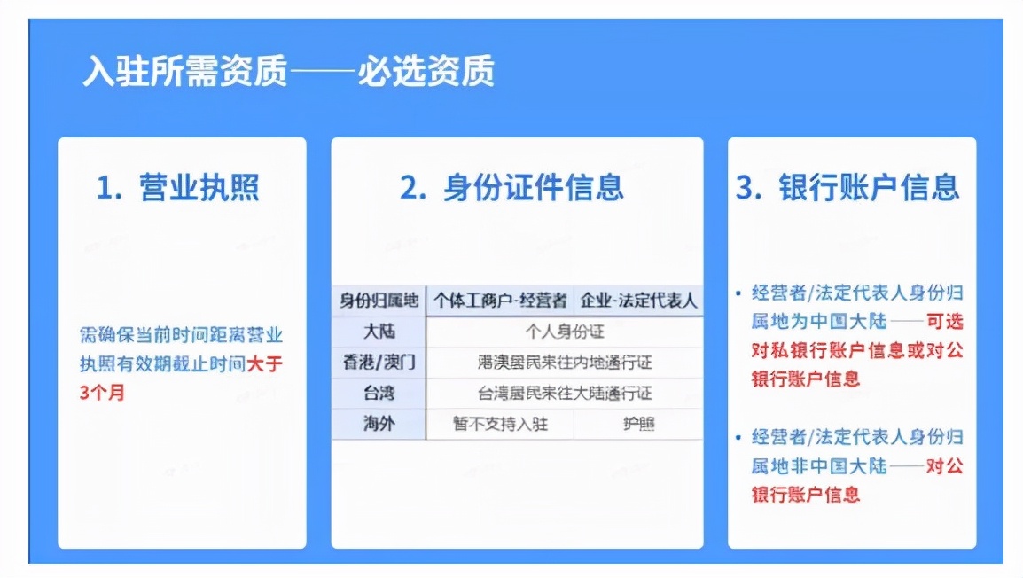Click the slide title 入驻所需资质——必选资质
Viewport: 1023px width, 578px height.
(288, 72)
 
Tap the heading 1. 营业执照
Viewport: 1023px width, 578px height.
(178, 188)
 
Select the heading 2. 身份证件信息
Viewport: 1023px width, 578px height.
(511, 188)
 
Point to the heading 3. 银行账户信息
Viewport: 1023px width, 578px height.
(848, 188)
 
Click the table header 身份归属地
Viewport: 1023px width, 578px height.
(379, 301)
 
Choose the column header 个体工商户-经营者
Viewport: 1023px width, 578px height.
(500, 301)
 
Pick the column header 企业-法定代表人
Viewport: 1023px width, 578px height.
(638, 301)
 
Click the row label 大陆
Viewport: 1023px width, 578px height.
(379, 332)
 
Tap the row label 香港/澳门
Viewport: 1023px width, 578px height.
(379, 363)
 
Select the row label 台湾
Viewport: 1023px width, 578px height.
(379, 393)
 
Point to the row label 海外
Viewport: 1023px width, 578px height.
(379, 424)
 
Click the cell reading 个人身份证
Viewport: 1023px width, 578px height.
(565, 332)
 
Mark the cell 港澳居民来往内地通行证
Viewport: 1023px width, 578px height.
(565, 363)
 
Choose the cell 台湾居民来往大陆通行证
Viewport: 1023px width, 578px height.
(565, 393)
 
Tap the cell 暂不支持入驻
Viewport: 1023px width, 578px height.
(500, 424)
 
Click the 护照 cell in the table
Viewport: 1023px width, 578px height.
(638, 424)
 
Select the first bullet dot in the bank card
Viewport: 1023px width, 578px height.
(738, 292)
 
